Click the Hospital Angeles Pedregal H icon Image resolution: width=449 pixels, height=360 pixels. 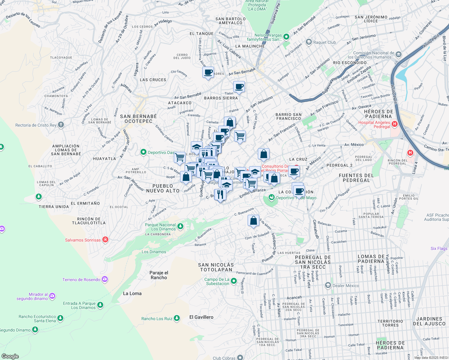pyautogui.click(x=395, y=124)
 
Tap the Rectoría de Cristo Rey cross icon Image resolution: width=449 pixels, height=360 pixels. pyautogui.click(x=61, y=125)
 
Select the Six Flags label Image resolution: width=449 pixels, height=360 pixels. pyautogui.click(x=439, y=248)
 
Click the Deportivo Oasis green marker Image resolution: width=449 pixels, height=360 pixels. pyautogui.click(x=143, y=152)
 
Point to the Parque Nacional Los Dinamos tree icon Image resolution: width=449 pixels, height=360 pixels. pyautogui.click(x=180, y=226)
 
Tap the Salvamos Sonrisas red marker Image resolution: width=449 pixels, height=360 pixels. pyautogui.click(x=105, y=239)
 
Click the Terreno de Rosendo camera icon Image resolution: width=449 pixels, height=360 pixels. pyautogui.click(x=105, y=280)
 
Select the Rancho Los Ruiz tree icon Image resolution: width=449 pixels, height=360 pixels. pyautogui.click(x=177, y=318)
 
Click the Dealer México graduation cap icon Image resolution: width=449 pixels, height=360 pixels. pyautogui.click(x=328, y=285)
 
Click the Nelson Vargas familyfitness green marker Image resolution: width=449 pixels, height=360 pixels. pyautogui.click(x=286, y=37)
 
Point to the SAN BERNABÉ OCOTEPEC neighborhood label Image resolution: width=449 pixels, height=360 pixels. pyautogui.click(x=138, y=119)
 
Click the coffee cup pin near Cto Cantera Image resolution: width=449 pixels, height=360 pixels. pyautogui.click(x=208, y=72)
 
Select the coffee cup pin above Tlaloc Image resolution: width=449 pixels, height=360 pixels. pyautogui.click(x=239, y=87)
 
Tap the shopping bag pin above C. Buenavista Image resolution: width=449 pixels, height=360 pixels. pyautogui.click(x=253, y=220)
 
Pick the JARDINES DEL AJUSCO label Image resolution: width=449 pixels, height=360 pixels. pyautogui.click(x=429, y=321)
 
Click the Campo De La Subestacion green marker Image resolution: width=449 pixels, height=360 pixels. pyautogui.click(x=234, y=281)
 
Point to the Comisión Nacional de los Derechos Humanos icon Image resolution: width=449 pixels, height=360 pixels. pyautogui.click(x=399, y=55)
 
